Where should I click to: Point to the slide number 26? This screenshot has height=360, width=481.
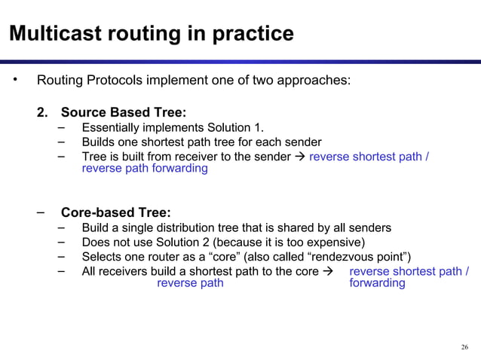[x=464, y=346]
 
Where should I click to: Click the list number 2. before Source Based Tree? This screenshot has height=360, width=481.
[x=44, y=113]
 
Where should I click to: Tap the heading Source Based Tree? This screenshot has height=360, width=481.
[x=124, y=113]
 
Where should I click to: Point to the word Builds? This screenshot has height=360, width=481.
[x=99, y=142]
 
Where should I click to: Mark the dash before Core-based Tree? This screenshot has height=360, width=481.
[x=43, y=212]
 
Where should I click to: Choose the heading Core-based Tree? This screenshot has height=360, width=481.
[x=115, y=212]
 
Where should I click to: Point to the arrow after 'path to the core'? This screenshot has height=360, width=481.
[x=327, y=271]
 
